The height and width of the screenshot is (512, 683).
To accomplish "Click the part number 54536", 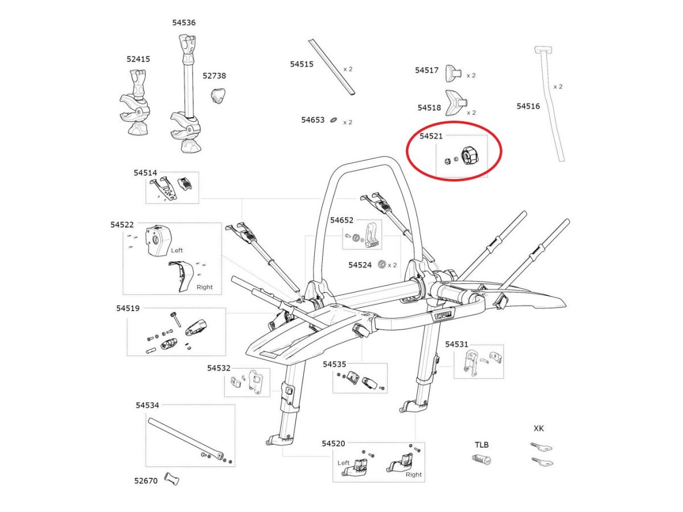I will (x=184, y=23).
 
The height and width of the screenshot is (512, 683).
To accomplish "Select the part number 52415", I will (x=138, y=59).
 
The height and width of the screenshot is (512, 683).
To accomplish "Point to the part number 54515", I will (x=302, y=64).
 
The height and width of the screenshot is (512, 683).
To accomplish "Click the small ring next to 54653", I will (x=334, y=121).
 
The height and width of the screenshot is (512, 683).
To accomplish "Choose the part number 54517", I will (x=426, y=70).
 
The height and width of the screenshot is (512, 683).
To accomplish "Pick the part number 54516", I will (x=528, y=106).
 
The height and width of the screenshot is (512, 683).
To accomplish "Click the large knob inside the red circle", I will (x=468, y=155).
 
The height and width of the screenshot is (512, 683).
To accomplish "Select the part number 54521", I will (x=431, y=136).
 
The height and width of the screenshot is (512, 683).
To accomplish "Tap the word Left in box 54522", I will (x=178, y=250).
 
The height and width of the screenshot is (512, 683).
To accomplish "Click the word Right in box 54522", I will (x=204, y=287).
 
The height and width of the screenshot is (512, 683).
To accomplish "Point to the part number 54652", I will (x=342, y=220).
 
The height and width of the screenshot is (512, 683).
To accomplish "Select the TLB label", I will (x=482, y=445).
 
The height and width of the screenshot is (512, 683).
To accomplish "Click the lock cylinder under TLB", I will (x=482, y=460).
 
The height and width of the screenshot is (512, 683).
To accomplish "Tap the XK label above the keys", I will (x=538, y=428).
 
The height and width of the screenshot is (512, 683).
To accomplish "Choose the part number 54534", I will (x=147, y=405).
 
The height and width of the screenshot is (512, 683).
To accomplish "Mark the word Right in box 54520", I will (x=414, y=474).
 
